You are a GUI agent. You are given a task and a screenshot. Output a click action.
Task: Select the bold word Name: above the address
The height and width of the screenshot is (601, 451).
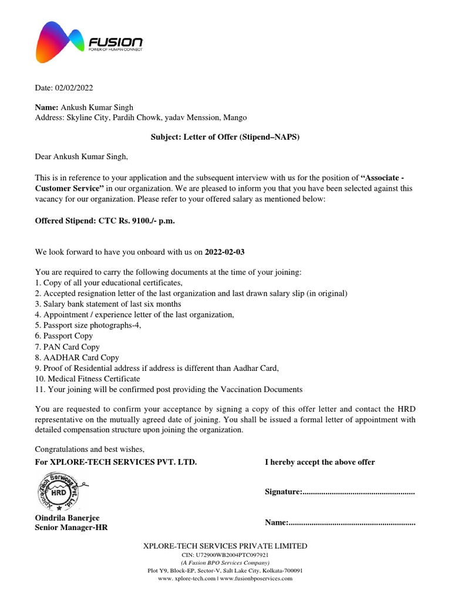pos(47,107)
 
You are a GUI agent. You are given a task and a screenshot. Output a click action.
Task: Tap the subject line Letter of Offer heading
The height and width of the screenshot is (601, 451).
pos(225,137)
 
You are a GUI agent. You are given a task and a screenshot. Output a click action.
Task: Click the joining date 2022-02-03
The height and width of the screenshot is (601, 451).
pos(225,252)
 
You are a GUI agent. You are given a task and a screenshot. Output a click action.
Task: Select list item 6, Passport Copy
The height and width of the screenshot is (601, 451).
pos(64,336)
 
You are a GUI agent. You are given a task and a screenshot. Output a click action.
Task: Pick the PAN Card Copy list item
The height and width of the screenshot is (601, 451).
pos(68,347)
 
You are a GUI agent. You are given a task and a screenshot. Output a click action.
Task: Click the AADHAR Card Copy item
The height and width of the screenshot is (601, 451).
pos(77,357)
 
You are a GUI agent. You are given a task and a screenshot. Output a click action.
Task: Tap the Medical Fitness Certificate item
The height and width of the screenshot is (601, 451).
pos(87,379)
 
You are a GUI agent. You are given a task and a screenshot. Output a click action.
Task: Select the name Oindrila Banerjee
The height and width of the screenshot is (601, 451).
pos(68,518)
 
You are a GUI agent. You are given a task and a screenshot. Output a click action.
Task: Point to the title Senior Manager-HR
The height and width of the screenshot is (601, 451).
pos(71,528)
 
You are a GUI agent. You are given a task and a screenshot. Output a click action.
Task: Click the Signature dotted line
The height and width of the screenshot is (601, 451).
pos(358,492)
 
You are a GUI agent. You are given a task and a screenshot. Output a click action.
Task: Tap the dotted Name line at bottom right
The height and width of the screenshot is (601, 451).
pos(352,522)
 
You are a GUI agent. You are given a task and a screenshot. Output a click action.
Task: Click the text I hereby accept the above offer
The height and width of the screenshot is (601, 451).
pos(319,462)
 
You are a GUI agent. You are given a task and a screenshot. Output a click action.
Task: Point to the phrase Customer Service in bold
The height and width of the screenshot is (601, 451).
pos(70,188)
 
